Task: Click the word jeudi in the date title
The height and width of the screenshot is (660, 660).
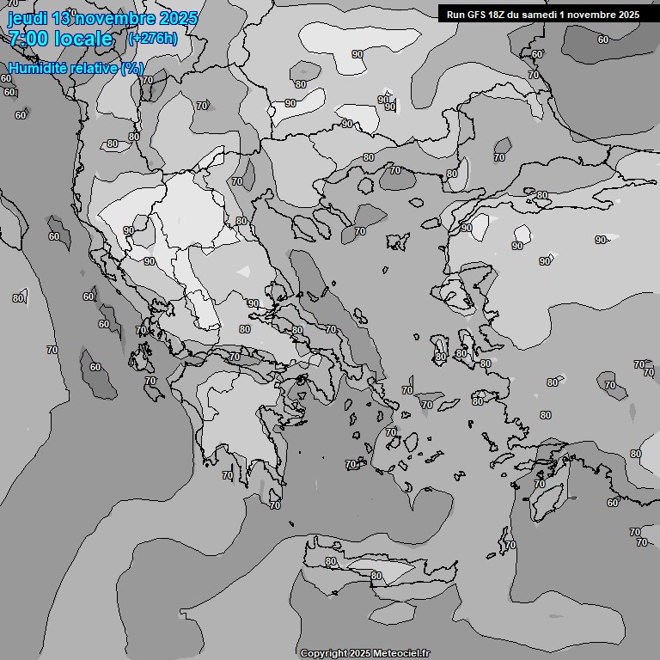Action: coord(27,18)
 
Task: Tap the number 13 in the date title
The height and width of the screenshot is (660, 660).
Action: coord(61,18)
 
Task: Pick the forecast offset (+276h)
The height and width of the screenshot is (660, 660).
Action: coord(152,39)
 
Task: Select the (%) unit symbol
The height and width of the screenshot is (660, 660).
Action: coord(131,68)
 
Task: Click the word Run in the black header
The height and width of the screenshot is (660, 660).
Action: coord(455,15)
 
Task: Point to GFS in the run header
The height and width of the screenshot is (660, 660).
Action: coord(477,15)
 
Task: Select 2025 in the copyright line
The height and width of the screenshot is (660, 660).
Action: coord(363,653)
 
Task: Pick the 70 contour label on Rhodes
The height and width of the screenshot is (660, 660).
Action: coord(539,485)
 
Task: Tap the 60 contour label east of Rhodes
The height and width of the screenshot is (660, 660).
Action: coord(613,503)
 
